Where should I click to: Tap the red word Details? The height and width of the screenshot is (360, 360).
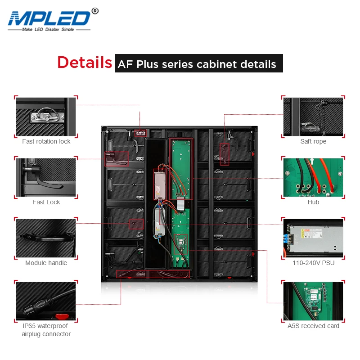85,62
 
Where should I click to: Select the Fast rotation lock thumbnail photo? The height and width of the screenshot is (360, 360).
46,117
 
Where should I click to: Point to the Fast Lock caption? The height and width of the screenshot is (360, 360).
46,202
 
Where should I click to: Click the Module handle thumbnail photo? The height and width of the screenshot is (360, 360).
46,238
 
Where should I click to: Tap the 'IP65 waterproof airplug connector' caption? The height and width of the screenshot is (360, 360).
46,330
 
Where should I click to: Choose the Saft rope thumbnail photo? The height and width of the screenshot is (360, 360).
313,117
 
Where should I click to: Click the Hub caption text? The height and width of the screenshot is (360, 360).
313,202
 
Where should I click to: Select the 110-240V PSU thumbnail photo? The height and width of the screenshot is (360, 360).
313,238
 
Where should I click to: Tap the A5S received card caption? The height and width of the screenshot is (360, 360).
313,326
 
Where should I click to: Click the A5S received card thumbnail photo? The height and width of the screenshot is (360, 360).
313,301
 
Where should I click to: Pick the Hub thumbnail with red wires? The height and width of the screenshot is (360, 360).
313,177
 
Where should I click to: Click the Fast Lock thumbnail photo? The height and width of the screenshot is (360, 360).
46,177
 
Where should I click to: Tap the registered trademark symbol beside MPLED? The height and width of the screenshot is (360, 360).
94,10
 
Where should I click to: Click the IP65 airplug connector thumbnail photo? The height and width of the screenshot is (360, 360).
46,301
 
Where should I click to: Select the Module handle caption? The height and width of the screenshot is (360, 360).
46,263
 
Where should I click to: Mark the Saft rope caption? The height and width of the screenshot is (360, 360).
313,142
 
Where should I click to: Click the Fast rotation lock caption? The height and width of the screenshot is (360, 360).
46,142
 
